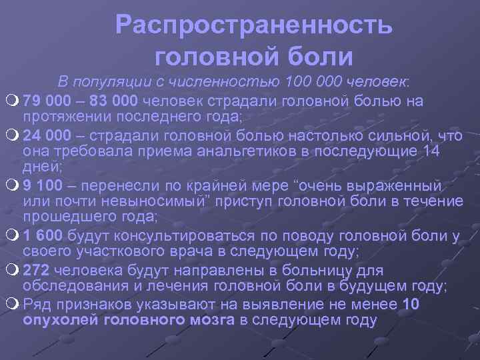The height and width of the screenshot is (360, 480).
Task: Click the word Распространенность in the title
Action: [x=254, y=25]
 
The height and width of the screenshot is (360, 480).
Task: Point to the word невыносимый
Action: [x=149, y=201]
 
